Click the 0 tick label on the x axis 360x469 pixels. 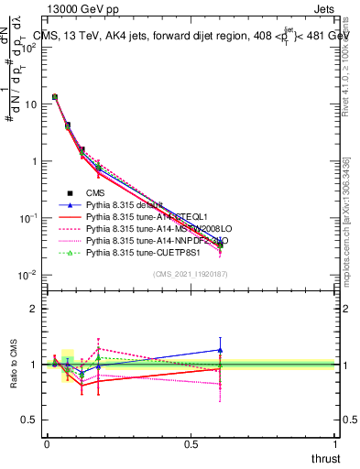coord(47,444)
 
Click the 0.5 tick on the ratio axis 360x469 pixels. coord(28,420)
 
